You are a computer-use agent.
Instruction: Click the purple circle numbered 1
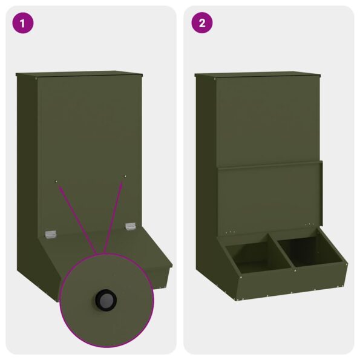[23, 24]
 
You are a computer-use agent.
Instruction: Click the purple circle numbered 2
[201, 24]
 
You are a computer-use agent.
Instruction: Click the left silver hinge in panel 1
[51, 232]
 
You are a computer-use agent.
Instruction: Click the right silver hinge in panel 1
[130, 226]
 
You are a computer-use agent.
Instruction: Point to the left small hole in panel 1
[56, 180]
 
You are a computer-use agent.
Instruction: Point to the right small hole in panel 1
[125, 176]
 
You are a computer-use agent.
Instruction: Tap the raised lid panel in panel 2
[269, 197]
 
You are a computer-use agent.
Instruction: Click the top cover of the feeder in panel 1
[79, 74]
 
